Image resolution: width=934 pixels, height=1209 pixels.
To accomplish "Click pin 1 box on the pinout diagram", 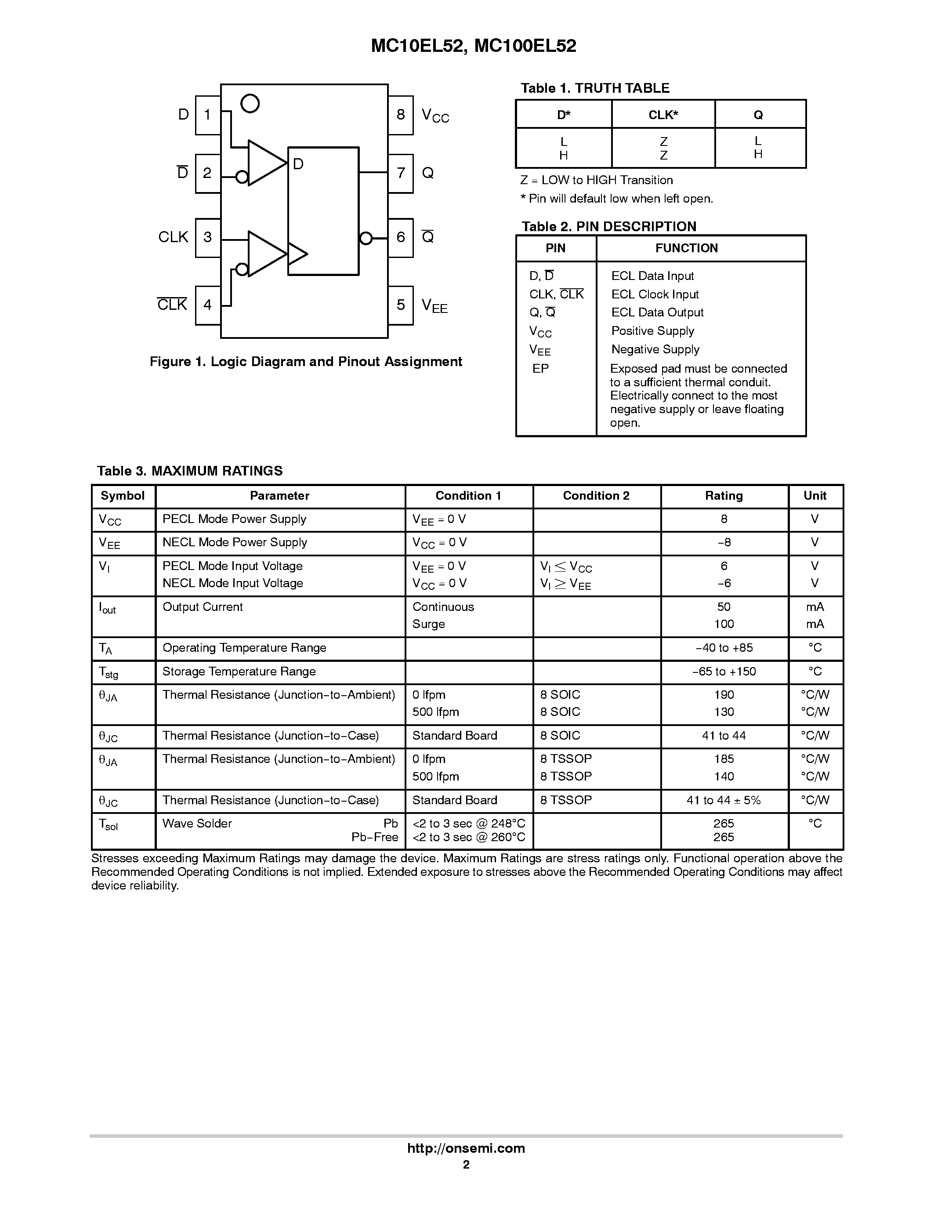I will click(x=207, y=115).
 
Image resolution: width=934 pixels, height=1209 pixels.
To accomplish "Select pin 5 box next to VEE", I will click(x=401, y=305).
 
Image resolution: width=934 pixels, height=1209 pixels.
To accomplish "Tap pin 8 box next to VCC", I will click(x=401, y=115).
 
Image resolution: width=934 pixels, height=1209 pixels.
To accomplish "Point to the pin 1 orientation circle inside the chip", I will click(x=250, y=103).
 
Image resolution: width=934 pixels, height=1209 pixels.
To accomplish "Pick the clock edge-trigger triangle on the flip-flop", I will click(x=297, y=254).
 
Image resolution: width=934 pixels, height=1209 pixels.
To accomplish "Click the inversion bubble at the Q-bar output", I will click(x=366, y=238).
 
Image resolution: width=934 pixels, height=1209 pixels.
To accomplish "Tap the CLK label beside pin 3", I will click(x=173, y=237).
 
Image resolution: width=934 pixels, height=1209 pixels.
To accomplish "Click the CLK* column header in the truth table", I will click(x=663, y=115).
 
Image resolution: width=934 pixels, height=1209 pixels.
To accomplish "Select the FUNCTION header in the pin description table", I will click(x=687, y=248).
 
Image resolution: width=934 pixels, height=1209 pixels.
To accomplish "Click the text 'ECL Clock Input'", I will click(x=655, y=294).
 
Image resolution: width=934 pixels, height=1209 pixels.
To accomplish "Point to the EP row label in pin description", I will click(x=540, y=369).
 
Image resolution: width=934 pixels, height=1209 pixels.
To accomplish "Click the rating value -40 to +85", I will click(x=724, y=648).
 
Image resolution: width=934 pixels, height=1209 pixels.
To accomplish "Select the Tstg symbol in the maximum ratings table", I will click(x=109, y=672).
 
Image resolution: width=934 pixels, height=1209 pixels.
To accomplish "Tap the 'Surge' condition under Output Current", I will click(x=428, y=624).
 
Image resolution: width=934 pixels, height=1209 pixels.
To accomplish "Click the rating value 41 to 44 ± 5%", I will click(x=724, y=800).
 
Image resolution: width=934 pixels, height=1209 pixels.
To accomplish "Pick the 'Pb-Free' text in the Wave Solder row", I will click(x=375, y=837).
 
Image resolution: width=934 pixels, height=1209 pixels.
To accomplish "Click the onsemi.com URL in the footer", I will click(x=466, y=1148).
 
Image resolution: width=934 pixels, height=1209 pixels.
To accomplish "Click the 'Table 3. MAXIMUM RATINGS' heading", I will click(x=190, y=471).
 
